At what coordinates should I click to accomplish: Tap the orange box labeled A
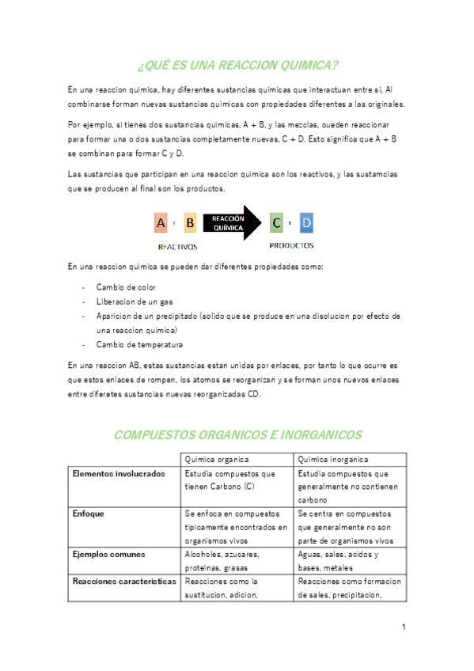tap(161, 224)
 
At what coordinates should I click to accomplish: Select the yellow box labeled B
tap(190, 224)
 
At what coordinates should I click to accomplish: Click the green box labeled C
tap(276, 224)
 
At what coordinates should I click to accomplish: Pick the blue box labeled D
tap(306, 224)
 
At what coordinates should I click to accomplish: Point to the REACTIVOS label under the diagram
tap(177, 247)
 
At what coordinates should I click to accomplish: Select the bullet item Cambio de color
tap(126, 287)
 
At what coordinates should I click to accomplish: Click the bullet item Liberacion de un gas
tap(135, 301)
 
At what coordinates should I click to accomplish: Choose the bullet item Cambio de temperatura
tap(139, 344)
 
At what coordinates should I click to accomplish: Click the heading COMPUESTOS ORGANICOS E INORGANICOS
tap(237, 434)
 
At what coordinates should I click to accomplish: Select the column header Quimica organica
tap(217, 459)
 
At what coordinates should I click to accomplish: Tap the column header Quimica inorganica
tap(333, 459)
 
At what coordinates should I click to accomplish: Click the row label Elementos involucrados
tap(119, 473)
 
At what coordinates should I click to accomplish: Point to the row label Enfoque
tap(88, 514)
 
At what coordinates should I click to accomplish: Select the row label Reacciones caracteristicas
tap(123, 581)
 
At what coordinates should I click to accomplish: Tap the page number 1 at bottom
tap(403, 627)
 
